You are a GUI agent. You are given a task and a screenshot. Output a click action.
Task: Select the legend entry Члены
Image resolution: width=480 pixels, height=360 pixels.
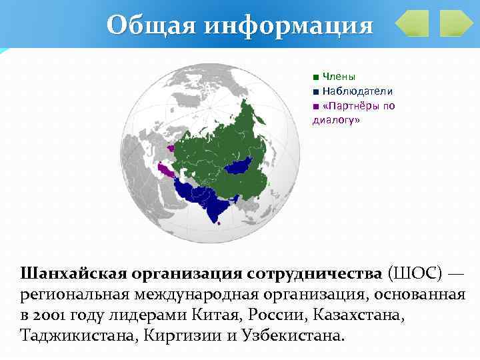(339, 76)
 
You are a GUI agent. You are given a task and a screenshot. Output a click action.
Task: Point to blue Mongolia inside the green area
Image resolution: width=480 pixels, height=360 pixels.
(239, 165)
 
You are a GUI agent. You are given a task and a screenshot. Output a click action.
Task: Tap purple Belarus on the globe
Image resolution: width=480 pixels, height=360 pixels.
(171, 149)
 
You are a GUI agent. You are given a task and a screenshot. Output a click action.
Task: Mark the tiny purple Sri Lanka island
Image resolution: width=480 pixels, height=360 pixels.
(221, 223)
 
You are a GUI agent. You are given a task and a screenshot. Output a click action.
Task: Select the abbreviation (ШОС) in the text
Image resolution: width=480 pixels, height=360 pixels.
(413, 273)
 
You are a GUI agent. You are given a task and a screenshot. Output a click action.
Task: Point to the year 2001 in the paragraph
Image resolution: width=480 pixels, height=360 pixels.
(52, 313)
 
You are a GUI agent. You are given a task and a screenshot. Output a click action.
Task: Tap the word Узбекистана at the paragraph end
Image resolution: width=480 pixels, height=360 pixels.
(291, 334)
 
